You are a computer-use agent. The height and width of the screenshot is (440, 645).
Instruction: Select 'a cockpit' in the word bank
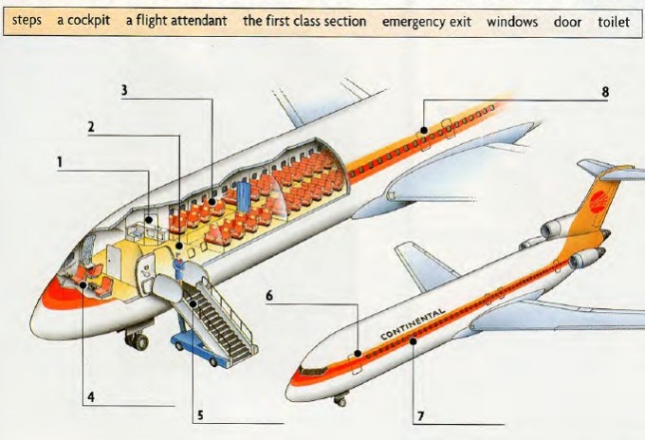(x=83, y=20)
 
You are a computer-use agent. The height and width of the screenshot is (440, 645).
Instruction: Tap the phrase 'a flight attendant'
(x=175, y=20)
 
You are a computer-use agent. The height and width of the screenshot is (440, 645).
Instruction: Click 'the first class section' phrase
(x=304, y=20)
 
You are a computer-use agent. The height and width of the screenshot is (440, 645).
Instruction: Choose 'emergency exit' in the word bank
(x=426, y=20)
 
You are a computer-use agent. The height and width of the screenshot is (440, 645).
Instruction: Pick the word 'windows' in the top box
(x=512, y=20)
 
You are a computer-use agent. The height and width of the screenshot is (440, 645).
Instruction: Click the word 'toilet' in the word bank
(x=613, y=20)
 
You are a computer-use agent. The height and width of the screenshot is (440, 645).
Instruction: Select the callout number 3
(x=124, y=90)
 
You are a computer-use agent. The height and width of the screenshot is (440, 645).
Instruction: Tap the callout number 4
(x=92, y=397)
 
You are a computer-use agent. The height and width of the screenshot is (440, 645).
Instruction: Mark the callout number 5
(x=200, y=413)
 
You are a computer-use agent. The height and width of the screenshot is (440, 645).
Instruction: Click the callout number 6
(x=269, y=296)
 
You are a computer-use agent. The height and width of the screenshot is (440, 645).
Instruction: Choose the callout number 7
(x=420, y=415)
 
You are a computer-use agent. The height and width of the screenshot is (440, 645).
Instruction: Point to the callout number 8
(x=604, y=92)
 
